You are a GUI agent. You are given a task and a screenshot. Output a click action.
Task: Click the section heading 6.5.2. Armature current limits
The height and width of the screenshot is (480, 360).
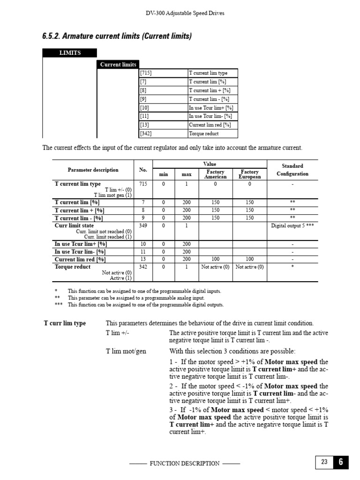117,36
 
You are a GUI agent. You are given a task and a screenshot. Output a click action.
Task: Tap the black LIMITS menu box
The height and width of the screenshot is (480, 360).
69,53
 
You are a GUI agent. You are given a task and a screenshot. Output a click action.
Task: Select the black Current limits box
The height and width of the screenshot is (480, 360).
118,65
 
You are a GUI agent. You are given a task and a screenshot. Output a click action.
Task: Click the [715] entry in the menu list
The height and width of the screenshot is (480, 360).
146,73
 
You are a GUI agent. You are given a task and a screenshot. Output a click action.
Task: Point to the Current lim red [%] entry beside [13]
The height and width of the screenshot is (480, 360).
210,125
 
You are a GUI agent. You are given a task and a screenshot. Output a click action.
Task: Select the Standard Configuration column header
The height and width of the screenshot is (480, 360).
292,170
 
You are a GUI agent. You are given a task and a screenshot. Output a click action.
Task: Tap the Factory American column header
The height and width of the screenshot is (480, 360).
216,174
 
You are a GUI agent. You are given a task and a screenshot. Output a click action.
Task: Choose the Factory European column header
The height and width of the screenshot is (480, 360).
249,174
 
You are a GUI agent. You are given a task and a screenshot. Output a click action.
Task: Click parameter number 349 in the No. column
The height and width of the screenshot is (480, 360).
143,225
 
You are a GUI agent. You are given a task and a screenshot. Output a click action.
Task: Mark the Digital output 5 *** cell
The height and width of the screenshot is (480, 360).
292,225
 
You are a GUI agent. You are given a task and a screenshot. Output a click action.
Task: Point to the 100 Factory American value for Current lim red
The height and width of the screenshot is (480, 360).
216,259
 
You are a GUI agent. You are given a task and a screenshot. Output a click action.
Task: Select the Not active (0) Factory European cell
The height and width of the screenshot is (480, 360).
249,267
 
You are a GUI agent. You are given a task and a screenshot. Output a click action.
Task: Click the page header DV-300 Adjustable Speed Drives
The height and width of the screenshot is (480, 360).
185,13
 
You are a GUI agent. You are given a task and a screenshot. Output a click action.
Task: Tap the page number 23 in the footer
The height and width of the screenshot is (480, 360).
324,462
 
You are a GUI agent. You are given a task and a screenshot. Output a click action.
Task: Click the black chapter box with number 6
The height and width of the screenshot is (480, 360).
341,462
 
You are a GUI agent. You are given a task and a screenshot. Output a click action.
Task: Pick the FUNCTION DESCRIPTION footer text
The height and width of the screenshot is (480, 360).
184,464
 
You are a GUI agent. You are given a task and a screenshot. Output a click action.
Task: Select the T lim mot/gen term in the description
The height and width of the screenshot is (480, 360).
126,351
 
